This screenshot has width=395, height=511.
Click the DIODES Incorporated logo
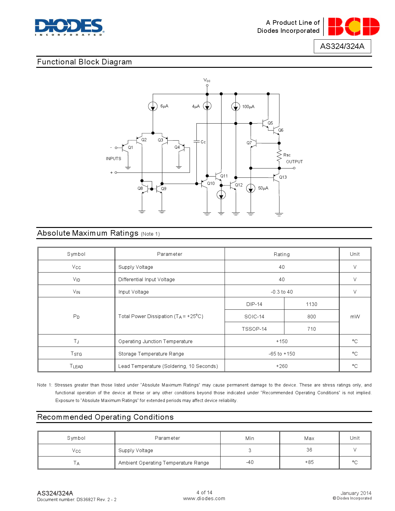coord(69,27)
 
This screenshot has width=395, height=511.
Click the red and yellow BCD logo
coord(354,27)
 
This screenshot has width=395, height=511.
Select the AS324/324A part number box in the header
coord(342,46)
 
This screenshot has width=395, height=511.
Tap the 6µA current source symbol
coord(153,107)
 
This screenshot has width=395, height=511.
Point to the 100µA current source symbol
coord(236,107)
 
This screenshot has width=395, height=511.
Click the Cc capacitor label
coord(203,142)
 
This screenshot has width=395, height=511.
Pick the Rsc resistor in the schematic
coord(279,156)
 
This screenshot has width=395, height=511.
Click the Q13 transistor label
coord(283,177)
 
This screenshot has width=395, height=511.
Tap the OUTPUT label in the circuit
coord(294,162)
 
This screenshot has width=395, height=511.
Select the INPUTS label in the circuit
coord(113,159)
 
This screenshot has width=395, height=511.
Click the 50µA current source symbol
coord(251,188)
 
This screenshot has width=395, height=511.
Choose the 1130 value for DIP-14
coord(311,304)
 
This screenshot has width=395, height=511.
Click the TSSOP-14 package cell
coord(254,329)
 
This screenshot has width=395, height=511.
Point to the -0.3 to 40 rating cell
coord(282,292)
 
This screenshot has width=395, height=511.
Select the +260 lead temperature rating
coord(282,366)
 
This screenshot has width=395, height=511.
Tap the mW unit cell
coord(355,317)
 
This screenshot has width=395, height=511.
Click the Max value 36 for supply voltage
coord(309,450)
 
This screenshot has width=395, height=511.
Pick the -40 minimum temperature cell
coord(250,462)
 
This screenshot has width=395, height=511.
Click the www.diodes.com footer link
coord(204,499)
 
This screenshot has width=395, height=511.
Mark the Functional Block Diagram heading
coord(84,62)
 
